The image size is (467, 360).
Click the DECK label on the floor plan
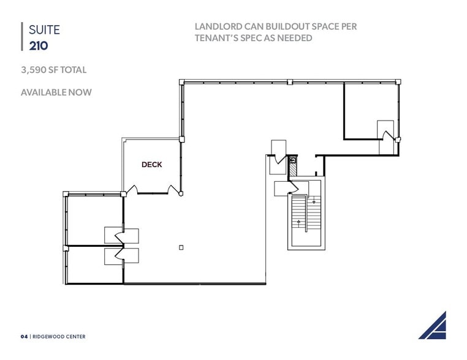tap(151, 165)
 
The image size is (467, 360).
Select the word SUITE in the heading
tap(40, 29)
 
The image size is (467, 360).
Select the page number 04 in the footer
tap(25, 336)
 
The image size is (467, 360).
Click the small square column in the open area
tap(181, 247)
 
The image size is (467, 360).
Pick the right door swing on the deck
tap(175, 190)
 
